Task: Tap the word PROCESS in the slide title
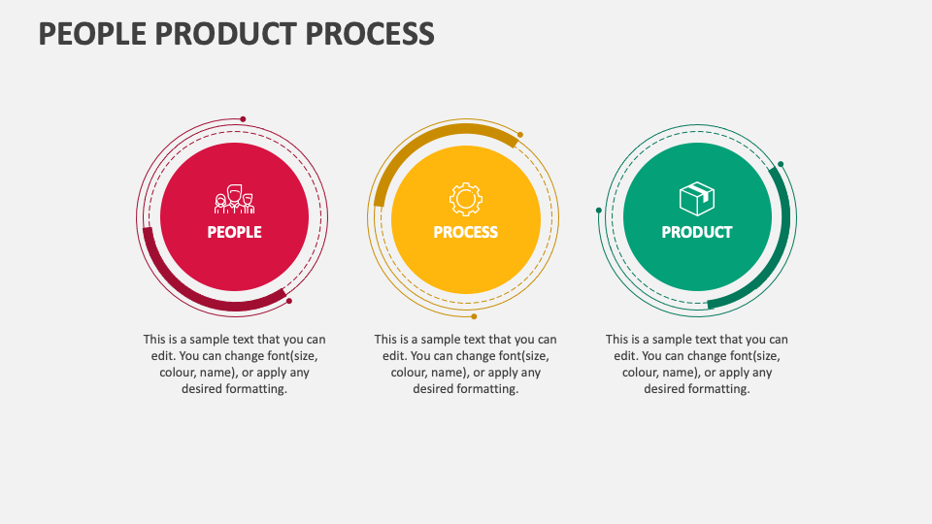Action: [x=370, y=34]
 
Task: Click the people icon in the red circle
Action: [x=234, y=200]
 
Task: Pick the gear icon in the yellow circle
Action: [x=466, y=199]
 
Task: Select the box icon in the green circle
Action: [x=696, y=200]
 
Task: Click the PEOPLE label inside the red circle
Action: [x=234, y=233]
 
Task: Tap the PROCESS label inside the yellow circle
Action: [x=466, y=233]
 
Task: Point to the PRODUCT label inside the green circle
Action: [x=696, y=233]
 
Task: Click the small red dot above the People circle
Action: [x=243, y=119]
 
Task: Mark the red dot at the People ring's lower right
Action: [x=289, y=301]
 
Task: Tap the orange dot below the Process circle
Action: [x=474, y=316]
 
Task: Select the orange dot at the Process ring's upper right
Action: [x=520, y=135]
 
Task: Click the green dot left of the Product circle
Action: [x=599, y=210]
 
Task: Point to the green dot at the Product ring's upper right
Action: [x=781, y=164]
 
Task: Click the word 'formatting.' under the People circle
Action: [x=257, y=389]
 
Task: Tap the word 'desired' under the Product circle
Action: [x=665, y=389]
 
